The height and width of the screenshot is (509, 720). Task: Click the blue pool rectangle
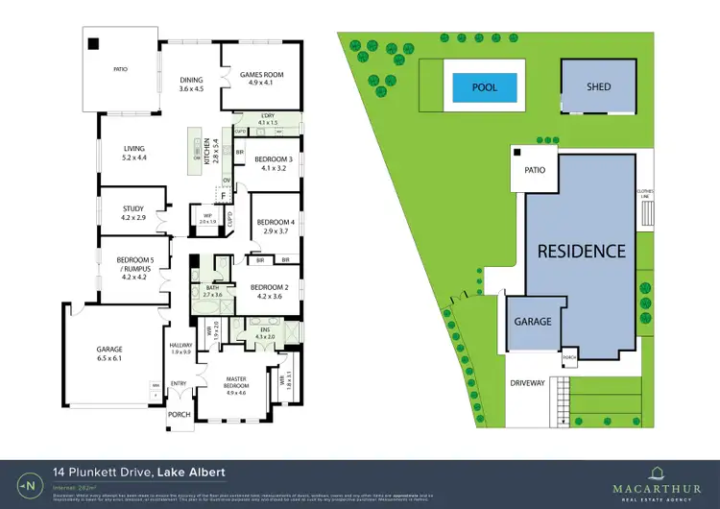point(485,87)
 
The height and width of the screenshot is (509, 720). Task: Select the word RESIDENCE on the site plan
point(581,252)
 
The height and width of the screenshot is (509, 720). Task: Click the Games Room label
point(262,79)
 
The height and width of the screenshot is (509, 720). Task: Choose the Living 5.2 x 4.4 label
point(128,153)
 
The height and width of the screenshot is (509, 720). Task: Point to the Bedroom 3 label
point(274,163)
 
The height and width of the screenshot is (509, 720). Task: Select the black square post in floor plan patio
point(93,42)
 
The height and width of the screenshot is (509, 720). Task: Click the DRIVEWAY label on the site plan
point(527,382)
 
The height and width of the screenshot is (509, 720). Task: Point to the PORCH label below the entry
point(180,415)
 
